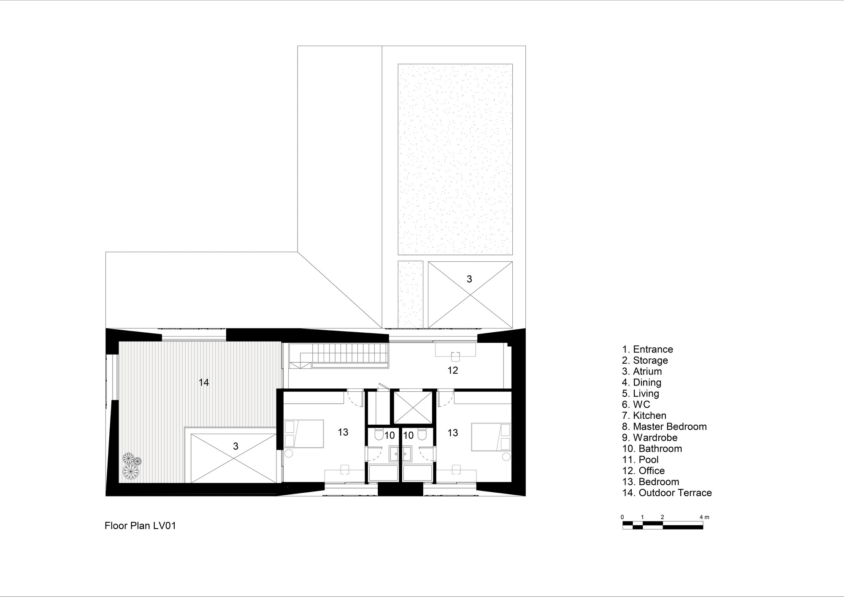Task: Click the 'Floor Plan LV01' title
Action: click(140, 526)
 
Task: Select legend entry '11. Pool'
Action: click(640, 460)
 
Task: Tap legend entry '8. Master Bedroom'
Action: click(664, 427)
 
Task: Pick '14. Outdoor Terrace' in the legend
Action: click(667, 493)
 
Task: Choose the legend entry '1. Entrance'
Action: click(647, 350)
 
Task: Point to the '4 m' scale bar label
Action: click(704, 517)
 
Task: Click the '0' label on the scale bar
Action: click(622, 517)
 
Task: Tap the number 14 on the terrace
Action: click(204, 383)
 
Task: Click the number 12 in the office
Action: click(453, 370)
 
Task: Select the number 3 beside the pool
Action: click(469, 279)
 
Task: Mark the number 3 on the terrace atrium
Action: click(235, 446)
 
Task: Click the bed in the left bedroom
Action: click(304, 433)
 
